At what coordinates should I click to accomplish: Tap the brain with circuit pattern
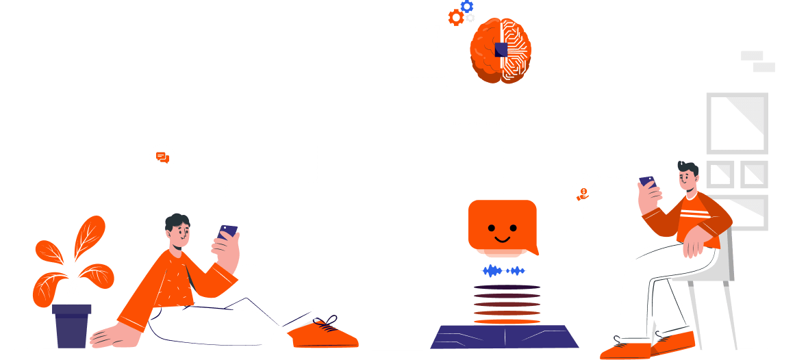501,51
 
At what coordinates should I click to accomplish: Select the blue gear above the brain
467,6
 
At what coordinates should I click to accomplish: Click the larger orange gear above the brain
455,17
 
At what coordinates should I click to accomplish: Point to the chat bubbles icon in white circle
162,157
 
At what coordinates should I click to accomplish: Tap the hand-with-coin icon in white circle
583,194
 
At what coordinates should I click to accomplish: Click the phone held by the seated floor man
228,231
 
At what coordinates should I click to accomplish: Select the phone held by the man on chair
647,181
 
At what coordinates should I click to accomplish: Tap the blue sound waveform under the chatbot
504,271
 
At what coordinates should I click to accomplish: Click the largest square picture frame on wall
737,123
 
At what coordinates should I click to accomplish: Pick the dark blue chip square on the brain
501,49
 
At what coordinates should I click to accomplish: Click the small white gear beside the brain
470,18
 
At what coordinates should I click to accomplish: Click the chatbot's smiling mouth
502,238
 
